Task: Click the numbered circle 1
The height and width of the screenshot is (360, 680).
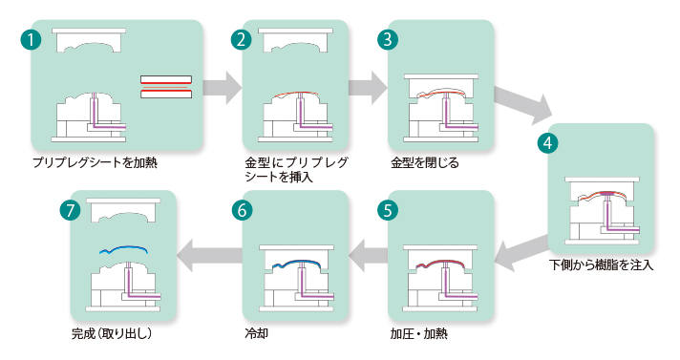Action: [x=31, y=40]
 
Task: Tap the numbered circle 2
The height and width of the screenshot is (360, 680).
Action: [x=242, y=40]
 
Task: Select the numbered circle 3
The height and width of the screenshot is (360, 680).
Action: [x=388, y=40]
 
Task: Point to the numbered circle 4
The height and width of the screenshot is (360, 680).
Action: [x=548, y=143]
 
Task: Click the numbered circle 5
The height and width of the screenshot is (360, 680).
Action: [x=388, y=211]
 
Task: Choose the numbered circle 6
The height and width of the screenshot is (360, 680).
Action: [x=242, y=211]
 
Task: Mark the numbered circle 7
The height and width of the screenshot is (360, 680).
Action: [x=71, y=211]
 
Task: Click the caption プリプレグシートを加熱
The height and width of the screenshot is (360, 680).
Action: [x=95, y=163]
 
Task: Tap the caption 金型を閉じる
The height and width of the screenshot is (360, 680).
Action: [x=425, y=163]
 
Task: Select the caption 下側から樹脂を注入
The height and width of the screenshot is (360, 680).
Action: [x=601, y=265]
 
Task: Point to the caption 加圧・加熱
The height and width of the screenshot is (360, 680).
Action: [x=419, y=333]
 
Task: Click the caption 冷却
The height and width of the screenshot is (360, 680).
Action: [x=256, y=333]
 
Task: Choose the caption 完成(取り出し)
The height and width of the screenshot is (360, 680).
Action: [x=112, y=333]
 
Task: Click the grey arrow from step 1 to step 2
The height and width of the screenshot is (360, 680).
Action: [x=222, y=88]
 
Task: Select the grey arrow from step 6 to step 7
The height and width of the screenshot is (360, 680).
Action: [x=209, y=255]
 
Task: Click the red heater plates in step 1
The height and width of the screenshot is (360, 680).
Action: [x=166, y=87]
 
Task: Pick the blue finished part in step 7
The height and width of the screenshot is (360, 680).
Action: [x=123, y=249]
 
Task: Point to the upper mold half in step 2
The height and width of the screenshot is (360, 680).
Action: [x=296, y=40]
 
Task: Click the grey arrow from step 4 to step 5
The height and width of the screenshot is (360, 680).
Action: [x=521, y=252]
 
